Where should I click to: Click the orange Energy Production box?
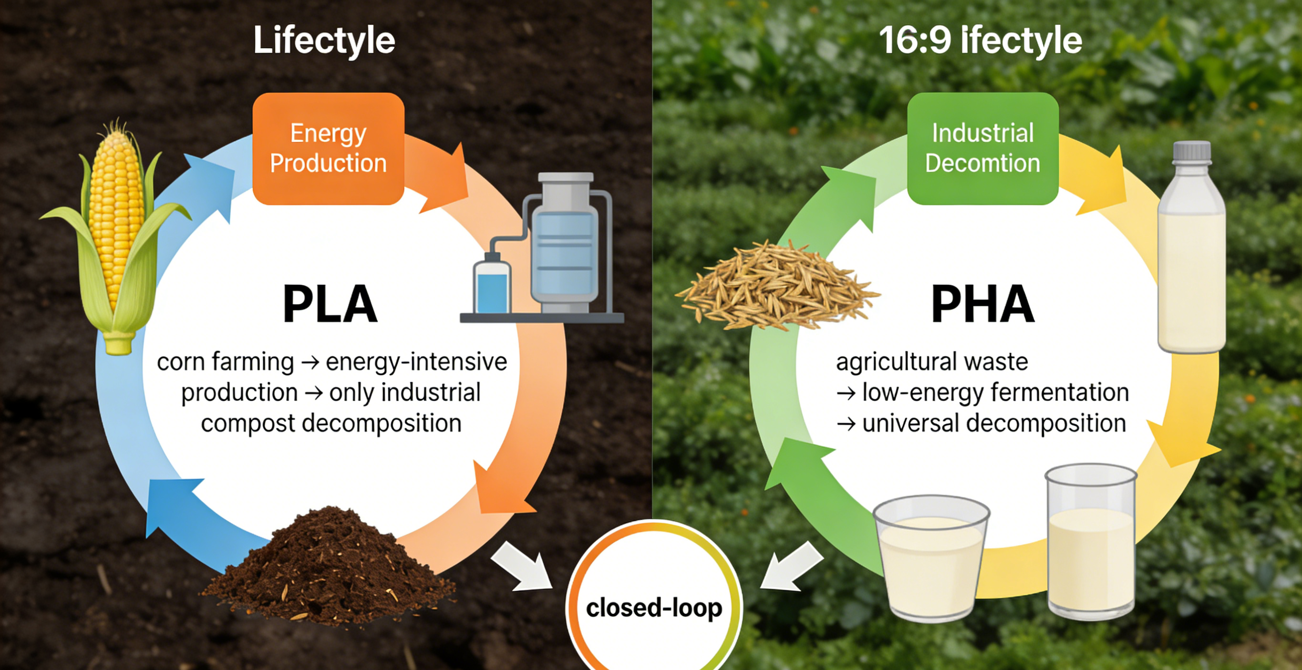tap(329, 149)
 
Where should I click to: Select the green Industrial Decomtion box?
tap(982, 149)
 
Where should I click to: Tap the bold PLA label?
tap(330, 304)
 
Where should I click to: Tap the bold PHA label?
tap(982, 304)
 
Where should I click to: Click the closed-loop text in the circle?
tap(654, 608)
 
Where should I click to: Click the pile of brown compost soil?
tap(329, 566)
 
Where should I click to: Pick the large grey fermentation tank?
tap(565, 243)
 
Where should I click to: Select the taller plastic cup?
tap(1091, 541)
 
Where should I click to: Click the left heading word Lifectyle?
tap(324, 41)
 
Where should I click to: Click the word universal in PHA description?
tap(910, 423)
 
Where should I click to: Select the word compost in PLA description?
tap(248, 423)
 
